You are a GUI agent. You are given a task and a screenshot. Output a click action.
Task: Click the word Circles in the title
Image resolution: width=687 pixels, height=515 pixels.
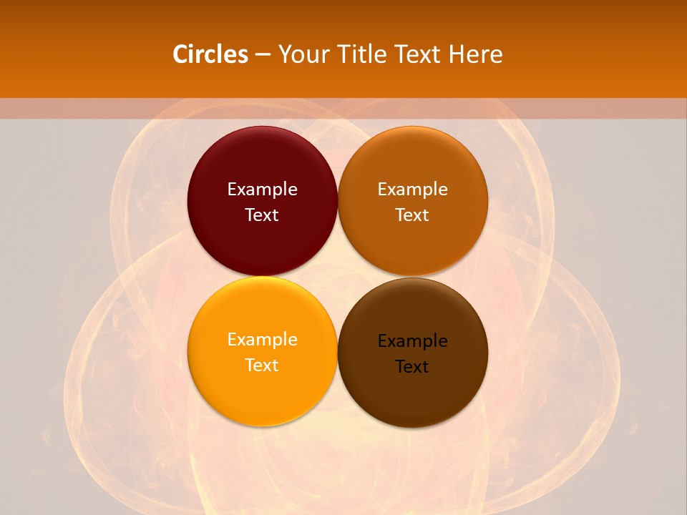(210, 54)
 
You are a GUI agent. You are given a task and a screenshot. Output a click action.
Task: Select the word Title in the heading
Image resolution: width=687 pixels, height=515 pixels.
(360, 54)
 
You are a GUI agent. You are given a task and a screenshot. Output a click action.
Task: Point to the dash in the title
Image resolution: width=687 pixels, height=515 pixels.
(263, 55)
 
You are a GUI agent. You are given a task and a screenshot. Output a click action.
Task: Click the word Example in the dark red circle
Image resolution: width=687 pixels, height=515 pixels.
(262, 190)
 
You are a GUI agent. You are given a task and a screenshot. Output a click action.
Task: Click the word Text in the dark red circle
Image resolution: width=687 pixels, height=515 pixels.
(262, 215)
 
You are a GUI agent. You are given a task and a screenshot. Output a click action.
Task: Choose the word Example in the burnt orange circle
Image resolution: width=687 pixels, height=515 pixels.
(413, 190)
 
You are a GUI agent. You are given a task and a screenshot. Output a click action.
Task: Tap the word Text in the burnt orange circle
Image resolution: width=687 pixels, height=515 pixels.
(413, 215)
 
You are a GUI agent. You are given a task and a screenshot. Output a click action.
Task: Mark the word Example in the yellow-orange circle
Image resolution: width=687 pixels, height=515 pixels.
(262, 340)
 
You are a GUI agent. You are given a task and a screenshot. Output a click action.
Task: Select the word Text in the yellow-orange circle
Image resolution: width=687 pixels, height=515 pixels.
(262, 365)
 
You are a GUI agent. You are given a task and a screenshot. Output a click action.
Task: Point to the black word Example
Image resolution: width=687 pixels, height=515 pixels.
(413, 341)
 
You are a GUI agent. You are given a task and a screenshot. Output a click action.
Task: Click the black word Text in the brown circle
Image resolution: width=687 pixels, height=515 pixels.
(413, 366)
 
